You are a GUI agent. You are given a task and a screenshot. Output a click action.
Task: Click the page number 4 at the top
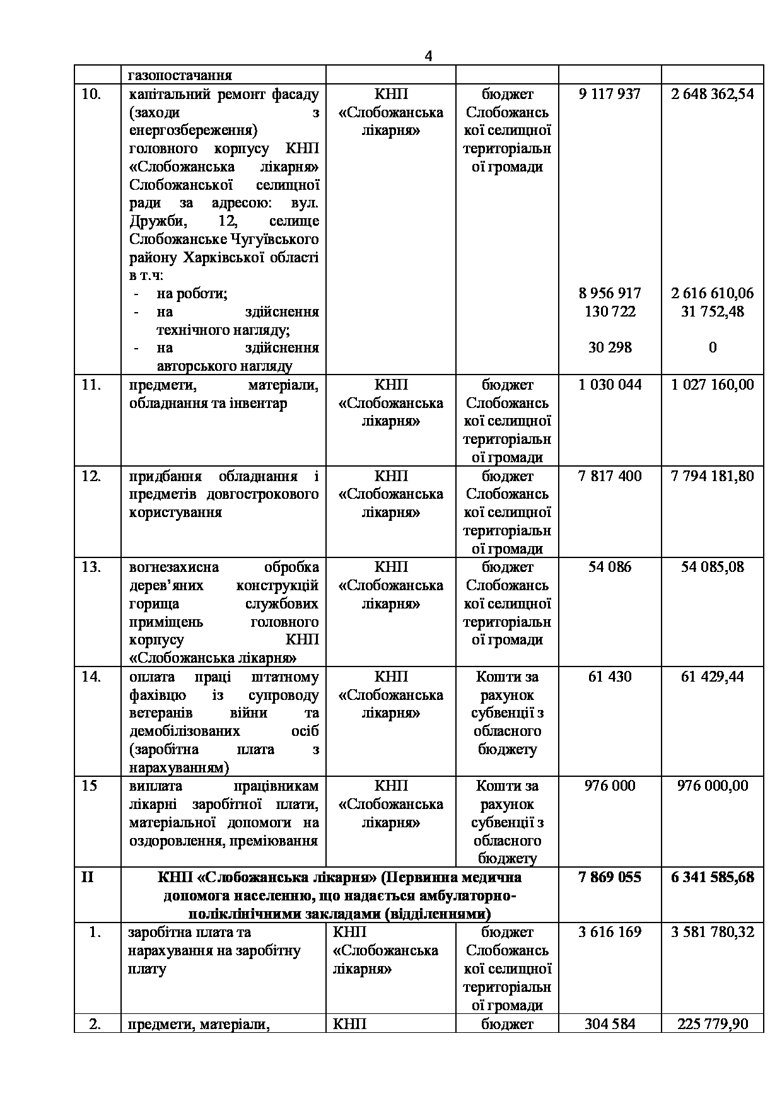[x=428, y=56]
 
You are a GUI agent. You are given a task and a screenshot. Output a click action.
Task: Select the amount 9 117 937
[x=609, y=95]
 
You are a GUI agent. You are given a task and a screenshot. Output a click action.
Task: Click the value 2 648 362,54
[x=712, y=95]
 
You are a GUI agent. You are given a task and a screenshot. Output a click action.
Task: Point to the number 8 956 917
[x=609, y=293]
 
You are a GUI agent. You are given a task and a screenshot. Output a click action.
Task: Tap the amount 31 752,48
[x=712, y=311]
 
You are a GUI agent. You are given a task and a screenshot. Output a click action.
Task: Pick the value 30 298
[x=609, y=347]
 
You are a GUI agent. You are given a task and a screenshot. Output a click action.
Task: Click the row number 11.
[x=91, y=385]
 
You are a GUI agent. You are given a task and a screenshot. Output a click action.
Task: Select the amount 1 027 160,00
[x=712, y=385]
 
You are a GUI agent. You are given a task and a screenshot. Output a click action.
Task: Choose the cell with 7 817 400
[x=609, y=476]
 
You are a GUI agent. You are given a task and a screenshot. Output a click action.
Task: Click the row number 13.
[x=91, y=568]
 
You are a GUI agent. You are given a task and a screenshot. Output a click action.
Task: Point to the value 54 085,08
[x=712, y=568]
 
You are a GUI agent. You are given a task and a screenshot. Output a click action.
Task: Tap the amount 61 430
[x=609, y=677]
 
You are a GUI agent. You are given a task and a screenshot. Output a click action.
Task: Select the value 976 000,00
[x=712, y=786]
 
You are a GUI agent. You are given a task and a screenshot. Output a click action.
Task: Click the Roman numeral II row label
[x=88, y=877]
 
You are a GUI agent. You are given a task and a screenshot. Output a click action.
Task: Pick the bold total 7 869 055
[x=609, y=877]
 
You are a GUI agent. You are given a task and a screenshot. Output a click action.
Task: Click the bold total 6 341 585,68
[x=712, y=877]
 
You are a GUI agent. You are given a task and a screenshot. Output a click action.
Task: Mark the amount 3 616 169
[x=609, y=932]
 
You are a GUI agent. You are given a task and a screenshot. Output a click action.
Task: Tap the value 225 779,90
[x=712, y=1023]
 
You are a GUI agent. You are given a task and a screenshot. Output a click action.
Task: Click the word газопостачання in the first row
[x=180, y=76]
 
